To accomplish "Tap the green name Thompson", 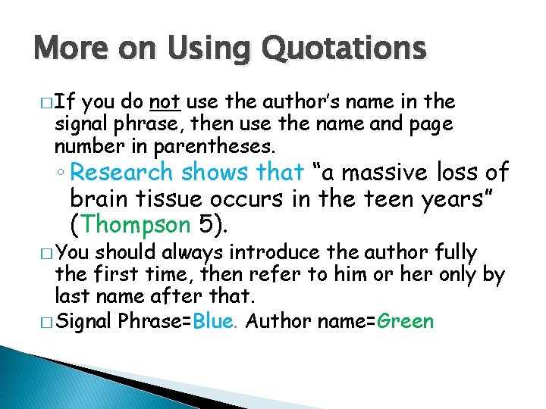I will [x=136, y=224].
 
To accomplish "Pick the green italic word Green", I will [x=405, y=321].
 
